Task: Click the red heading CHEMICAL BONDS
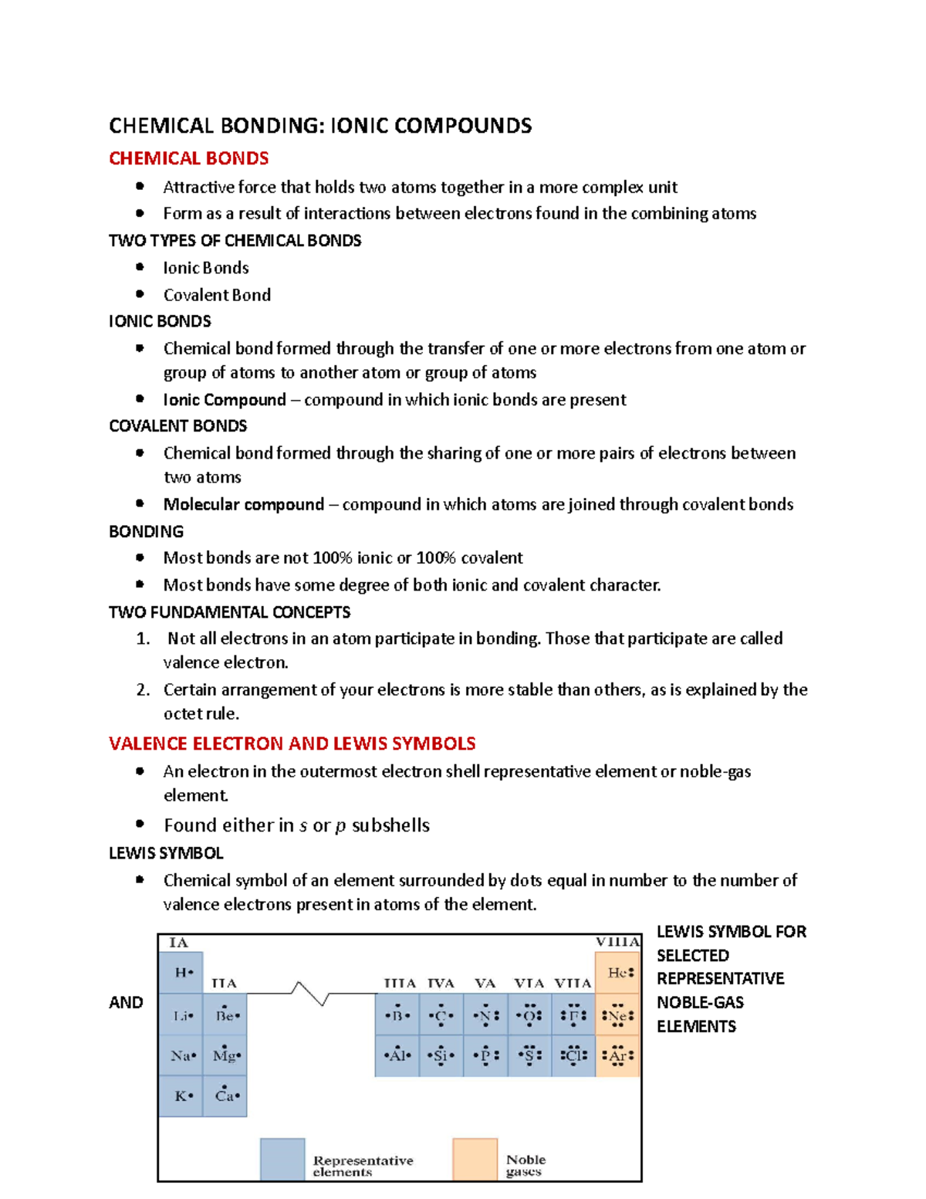(x=188, y=158)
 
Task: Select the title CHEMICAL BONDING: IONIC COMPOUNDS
(x=320, y=126)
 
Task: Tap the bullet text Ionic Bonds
(x=206, y=268)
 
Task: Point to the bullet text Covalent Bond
(x=217, y=295)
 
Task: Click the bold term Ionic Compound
(x=225, y=400)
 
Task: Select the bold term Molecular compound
(x=243, y=504)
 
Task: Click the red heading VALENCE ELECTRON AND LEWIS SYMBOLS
(x=292, y=743)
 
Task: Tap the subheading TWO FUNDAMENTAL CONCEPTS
(x=229, y=612)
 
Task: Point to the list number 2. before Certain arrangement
(x=143, y=689)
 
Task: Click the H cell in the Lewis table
(x=181, y=973)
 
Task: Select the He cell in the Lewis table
(x=618, y=973)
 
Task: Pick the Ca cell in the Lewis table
(x=225, y=1096)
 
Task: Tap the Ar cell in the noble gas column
(x=618, y=1055)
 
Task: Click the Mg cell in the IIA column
(x=225, y=1055)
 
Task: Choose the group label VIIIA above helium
(x=617, y=942)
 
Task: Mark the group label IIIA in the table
(x=400, y=983)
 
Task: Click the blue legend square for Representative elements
(x=282, y=1159)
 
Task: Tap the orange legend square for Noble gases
(x=475, y=1159)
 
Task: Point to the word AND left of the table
(x=126, y=1002)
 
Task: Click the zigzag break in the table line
(x=310, y=993)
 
